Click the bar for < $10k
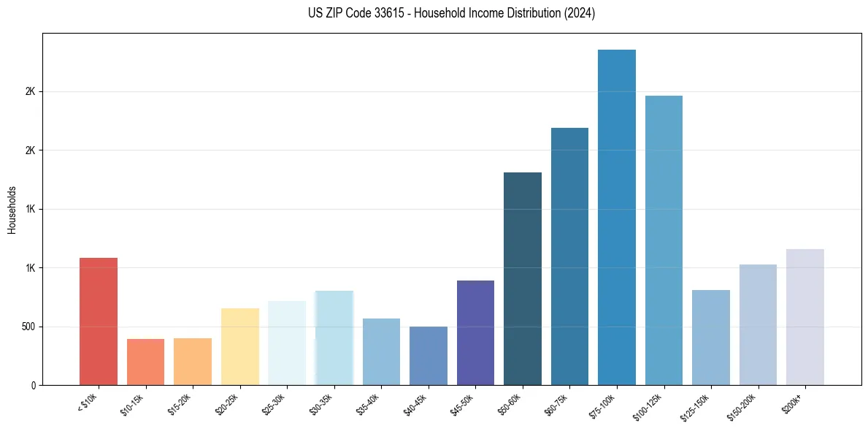[98, 321]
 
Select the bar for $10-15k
[145, 362]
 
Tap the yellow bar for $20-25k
[239, 346]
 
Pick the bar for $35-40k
[381, 351]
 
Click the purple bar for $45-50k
[475, 332]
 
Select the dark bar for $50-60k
[523, 278]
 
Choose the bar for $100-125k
[664, 240]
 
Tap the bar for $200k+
[805, 317]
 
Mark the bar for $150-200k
[758, 324]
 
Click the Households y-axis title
[12, 210]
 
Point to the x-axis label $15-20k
[179, 404]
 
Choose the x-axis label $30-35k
[320, 404]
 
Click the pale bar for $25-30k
[287, 343]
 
